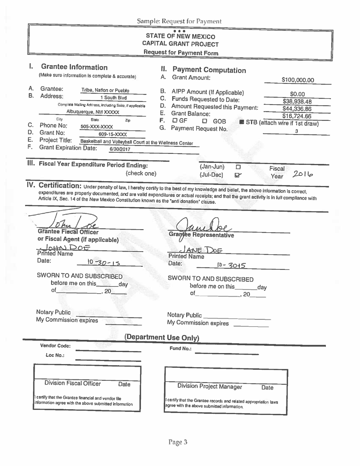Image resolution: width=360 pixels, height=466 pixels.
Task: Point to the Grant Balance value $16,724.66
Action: [x=297, y=116]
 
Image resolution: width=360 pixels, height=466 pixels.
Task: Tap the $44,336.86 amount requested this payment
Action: [x=297, y=109]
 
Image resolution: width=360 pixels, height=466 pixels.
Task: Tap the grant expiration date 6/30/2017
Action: [x=120, y=149]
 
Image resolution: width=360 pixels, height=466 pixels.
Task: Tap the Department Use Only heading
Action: [x=162, y=338]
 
